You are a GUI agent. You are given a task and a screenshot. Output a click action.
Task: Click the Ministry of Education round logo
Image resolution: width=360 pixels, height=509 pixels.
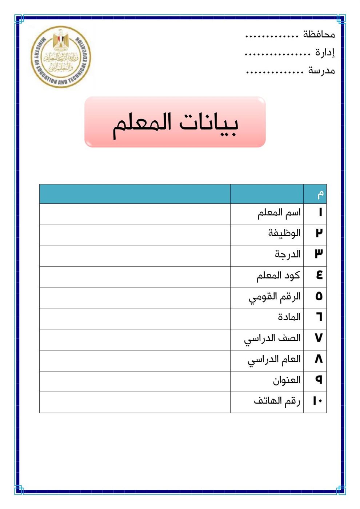61,57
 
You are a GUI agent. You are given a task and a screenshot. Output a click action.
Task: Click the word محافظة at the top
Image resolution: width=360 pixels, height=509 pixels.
319,35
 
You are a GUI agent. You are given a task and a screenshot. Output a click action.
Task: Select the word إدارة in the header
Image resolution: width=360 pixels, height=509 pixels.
324,53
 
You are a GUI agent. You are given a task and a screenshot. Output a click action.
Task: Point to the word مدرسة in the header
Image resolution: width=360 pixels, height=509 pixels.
321,71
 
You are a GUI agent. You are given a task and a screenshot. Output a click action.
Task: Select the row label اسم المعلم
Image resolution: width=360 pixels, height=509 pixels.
279,213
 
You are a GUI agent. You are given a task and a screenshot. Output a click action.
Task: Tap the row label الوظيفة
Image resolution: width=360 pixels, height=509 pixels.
284,233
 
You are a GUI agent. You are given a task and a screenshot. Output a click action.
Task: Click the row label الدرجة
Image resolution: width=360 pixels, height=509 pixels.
287,254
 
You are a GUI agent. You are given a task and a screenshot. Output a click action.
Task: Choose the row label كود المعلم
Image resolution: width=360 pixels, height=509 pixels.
278,276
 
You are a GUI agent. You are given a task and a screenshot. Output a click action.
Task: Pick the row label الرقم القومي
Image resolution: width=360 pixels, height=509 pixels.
275,297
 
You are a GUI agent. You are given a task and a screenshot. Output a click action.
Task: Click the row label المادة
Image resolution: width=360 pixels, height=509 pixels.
289,317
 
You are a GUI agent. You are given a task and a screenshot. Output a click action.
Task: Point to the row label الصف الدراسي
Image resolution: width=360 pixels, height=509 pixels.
272,338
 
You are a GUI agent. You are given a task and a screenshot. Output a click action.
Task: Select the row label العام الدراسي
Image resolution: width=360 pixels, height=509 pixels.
274,360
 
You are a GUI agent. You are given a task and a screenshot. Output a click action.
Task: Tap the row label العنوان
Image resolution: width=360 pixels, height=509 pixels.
287,380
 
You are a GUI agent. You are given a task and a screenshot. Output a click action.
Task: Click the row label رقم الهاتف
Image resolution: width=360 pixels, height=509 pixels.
277,401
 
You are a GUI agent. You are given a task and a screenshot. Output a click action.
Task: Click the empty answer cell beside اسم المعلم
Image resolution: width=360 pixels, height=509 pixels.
135,213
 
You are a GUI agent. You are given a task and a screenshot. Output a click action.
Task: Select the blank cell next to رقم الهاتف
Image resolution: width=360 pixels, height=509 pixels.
135,402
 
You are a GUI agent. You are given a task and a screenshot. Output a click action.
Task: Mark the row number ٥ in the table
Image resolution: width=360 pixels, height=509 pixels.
319,297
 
